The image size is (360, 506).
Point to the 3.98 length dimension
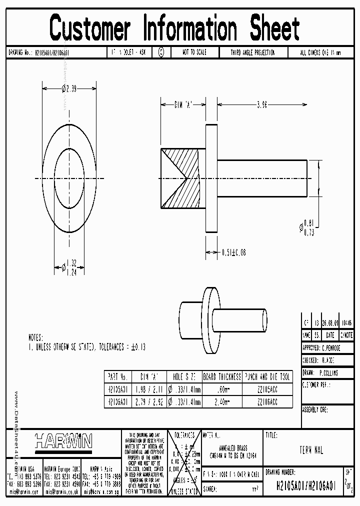coord(261,105)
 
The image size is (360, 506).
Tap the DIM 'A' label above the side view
coord(183,105)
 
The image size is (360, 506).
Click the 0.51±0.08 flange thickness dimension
coord(233,252)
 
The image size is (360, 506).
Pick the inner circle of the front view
coord(69,178)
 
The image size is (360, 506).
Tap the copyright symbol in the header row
coord(161,52)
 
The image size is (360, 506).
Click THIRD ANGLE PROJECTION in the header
coord(252,52)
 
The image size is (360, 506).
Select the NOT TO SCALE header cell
coord(194,52)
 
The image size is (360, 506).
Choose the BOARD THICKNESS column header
coord(221,376)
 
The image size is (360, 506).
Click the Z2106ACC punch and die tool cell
coord(267,401)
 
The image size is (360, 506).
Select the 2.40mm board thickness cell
coord(221,401)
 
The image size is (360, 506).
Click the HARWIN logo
coord(63,440)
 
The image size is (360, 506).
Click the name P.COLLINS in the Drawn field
coord(328,372)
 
